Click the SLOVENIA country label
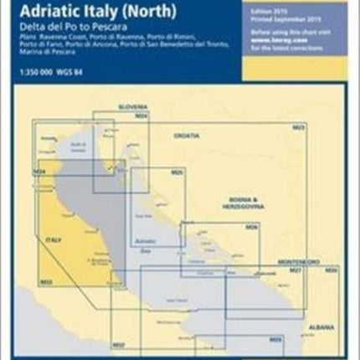[x=131, y=108]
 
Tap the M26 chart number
[x=250, y=228]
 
